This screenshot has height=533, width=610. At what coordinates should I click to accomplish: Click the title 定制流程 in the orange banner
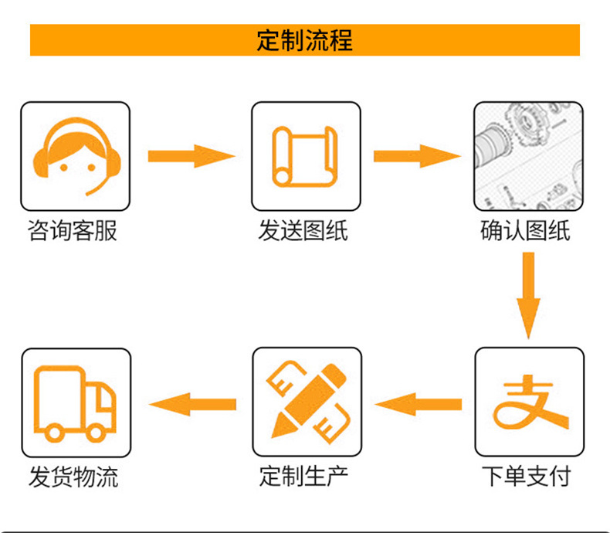[x=304, y=39]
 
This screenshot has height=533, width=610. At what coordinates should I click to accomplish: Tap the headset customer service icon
[x=75, y=157]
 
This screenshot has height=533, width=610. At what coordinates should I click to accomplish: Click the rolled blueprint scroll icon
[x=306, y=156]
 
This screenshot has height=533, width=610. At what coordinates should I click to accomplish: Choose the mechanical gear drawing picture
[x=527, y=157]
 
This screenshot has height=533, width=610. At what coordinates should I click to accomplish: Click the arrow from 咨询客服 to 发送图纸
[x=191, y=155]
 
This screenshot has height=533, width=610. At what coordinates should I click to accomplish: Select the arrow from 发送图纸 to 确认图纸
[x=418, y=155]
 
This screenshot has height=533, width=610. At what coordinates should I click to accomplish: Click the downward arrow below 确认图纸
[x=528, y=294]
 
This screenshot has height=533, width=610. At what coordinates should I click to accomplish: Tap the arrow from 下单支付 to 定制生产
[x=418, y=403]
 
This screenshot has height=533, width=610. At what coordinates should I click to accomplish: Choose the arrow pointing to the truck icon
[x=191, y=403]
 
